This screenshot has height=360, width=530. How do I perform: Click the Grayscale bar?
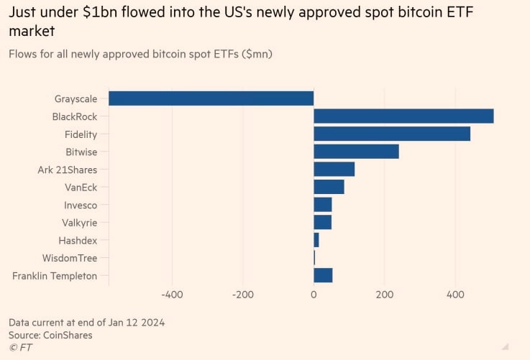211,98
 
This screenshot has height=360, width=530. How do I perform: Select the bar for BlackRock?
403,116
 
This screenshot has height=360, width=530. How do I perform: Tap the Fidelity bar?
392,134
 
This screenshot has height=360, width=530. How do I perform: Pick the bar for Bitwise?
356,152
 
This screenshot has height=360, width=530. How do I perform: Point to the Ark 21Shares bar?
334,170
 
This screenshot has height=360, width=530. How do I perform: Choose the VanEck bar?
329,188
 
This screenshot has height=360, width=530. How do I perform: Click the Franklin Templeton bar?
323,276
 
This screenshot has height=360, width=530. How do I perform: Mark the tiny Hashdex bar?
316,241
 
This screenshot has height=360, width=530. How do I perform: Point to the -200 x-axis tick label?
242,295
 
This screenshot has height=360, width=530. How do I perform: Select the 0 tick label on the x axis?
314,295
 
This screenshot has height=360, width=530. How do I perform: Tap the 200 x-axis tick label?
385,295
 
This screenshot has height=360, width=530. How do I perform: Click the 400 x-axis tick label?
455,295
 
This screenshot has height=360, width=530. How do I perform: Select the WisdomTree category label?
69,258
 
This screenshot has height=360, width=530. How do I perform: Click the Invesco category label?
80,205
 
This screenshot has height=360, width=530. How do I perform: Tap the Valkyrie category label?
79,223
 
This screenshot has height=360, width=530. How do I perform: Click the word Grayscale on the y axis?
76,98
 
